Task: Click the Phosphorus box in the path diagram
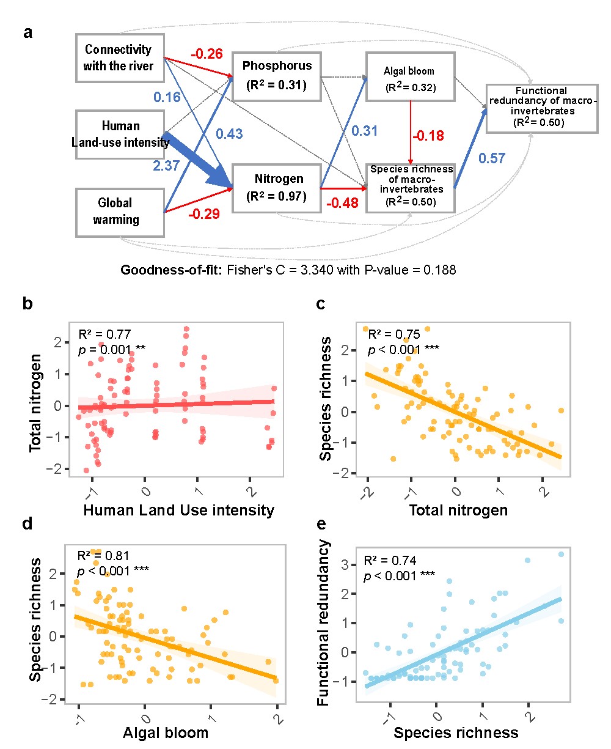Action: [277, 76]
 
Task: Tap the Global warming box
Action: [120, 212]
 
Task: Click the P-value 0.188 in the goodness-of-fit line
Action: [438, 270]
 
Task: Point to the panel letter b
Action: [27, 303]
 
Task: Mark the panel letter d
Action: [27, 525]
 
